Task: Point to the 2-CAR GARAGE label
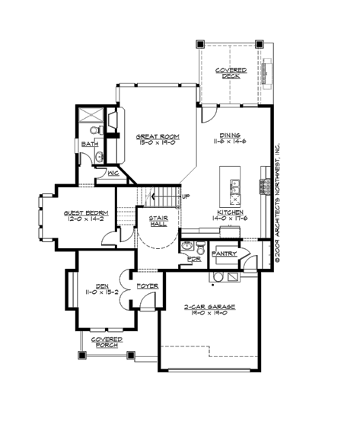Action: coord(209,306)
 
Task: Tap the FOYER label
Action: coord(147,286)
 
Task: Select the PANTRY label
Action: coord(224,253)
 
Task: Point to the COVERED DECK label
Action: coord(226,72)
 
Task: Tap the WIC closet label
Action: coord(102,174)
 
